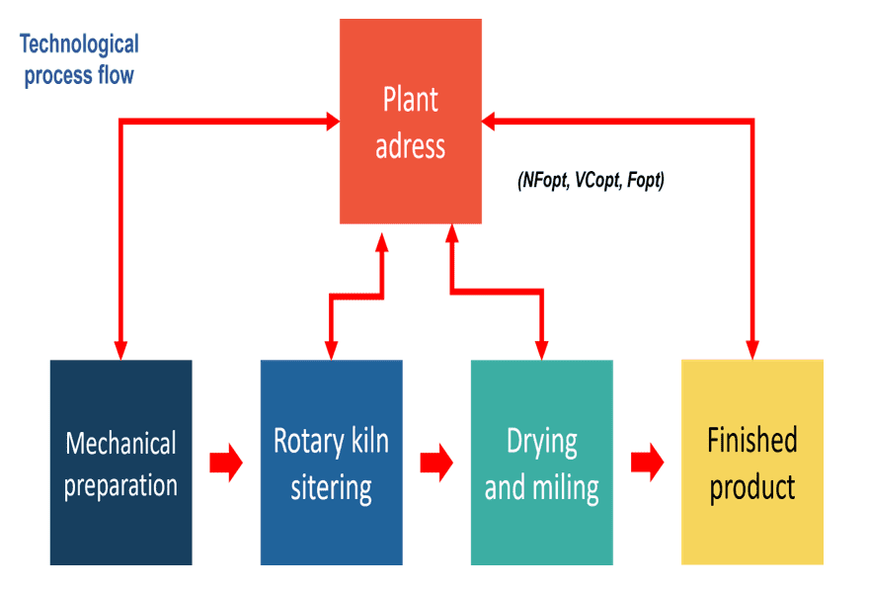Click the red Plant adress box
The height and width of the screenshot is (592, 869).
[x=411, y=122]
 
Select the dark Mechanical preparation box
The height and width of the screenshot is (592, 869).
[x=120, y=463]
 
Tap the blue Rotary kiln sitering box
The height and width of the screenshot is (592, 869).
[x=331, y=463]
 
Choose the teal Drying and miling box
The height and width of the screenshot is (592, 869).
[x=541, y=463]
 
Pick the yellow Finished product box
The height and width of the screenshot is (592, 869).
[x=751, y=463]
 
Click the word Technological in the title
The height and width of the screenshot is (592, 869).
[x=79, y=44]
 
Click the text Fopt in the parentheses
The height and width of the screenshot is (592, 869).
[x=645, y=182]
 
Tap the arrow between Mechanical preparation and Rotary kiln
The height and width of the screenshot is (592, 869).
[x=226, y=463]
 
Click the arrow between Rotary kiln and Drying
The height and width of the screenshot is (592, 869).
[x=436, y=463]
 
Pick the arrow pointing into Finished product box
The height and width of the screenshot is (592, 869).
[x=648, y=463]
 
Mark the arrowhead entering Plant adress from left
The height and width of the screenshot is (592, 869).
[x=331, y=122]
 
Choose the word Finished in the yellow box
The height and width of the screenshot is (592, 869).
[x=751, y=440]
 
